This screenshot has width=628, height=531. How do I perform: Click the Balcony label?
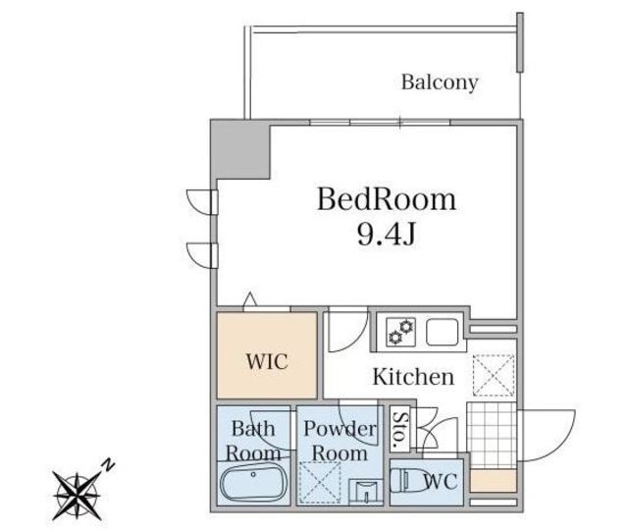[440, 82]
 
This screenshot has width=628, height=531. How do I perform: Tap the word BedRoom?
[387, 199]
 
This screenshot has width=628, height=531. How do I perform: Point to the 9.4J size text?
[387, 234]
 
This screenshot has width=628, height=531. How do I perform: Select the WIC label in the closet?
[267, 361]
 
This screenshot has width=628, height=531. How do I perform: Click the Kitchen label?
[413, 377]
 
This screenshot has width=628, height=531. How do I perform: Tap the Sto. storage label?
[399, 429]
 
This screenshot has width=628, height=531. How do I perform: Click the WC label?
[441, 481]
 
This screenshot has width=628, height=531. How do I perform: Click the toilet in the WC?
[409, 480]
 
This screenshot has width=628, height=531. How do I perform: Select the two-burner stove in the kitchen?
[400, 332]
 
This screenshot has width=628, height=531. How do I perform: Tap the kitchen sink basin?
[442, 332]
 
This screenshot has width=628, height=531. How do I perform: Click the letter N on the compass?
[108, 464]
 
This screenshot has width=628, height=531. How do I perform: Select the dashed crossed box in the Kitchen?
[494, 375]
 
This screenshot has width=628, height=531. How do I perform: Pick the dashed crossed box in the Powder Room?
[320, 483]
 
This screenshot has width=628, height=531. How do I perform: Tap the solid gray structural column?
[240, 149]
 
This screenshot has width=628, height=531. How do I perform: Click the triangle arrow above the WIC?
[249, 300]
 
